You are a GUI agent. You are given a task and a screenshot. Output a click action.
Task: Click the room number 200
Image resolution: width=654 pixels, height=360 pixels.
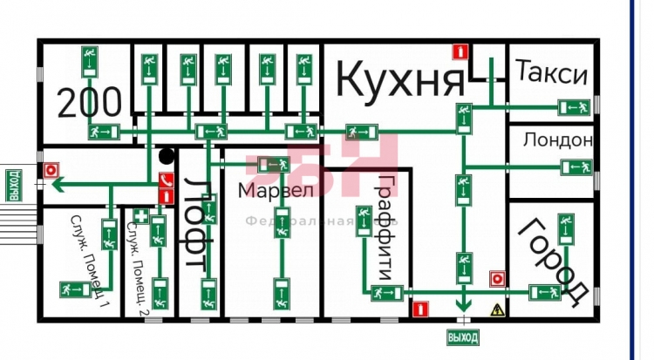91,103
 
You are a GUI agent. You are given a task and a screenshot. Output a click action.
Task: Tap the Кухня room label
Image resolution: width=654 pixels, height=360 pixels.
400,80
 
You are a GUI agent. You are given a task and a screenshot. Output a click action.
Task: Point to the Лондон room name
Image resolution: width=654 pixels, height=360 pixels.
558,139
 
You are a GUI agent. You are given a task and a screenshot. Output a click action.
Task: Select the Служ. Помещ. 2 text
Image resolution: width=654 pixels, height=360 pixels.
135,258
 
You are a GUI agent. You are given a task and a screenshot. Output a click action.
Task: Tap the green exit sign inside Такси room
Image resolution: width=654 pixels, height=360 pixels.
575,107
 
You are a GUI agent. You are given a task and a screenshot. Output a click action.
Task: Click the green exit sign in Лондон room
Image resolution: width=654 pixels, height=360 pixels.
578,166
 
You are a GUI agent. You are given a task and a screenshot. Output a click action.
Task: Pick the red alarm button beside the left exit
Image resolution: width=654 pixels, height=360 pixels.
51,170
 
